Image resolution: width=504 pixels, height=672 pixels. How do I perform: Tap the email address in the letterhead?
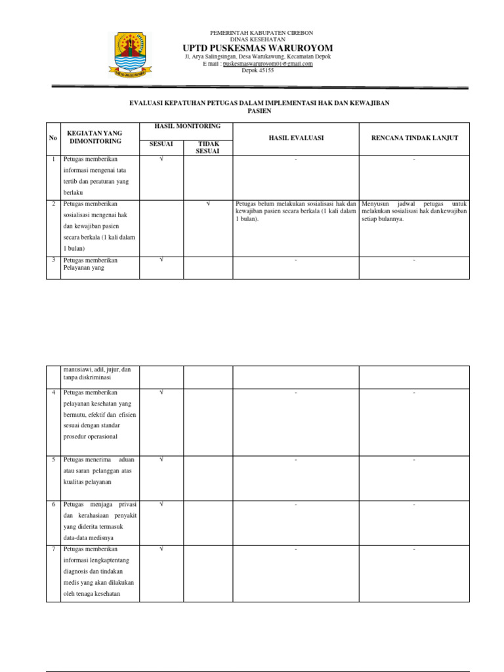(268, 64)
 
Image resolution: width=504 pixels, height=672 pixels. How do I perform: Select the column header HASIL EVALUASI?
(296, 138)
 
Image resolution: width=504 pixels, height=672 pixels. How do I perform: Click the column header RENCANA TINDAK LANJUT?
(414, 138)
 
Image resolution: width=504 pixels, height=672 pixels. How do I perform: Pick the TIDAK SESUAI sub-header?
(208, 147)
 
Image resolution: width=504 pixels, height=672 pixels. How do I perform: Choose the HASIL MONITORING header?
(187, 126)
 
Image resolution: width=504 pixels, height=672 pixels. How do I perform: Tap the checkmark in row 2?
(208, 203)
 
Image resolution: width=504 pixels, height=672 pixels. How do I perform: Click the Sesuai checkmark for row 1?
(161, 159)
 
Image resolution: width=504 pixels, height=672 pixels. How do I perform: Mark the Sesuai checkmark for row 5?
(161, 459)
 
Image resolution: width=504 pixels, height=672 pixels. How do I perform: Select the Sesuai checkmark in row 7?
(161, 549)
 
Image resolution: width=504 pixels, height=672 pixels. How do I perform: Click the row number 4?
(53, 392)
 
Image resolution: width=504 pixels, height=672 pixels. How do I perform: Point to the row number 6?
(53, 504)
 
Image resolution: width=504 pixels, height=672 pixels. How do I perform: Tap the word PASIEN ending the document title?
(260, 112)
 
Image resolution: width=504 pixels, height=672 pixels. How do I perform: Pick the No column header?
(53, 138)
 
